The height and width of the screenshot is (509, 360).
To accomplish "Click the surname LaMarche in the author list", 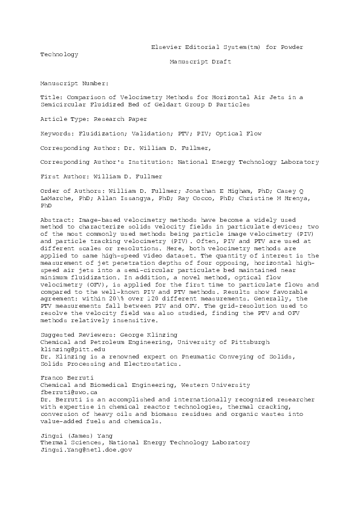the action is (56, 199).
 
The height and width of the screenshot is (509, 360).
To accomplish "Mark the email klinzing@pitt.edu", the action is (65, 349).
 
